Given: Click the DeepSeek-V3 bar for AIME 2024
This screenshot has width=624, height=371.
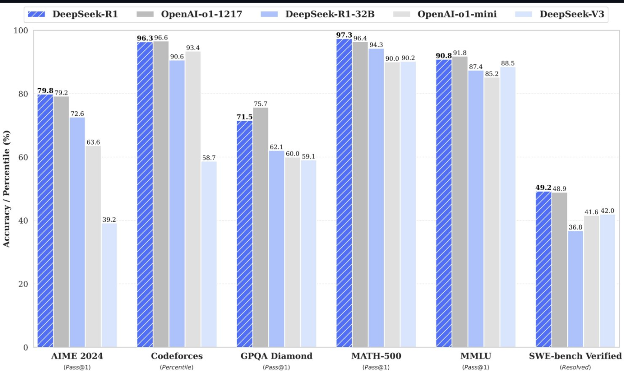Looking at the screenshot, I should tap(109, 285).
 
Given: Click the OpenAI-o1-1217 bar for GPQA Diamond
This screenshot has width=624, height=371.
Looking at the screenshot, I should tap(261, 227).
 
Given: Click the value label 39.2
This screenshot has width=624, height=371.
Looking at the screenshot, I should tap(109, 219).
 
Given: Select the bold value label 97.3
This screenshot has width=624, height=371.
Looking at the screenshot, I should tap(344, 35).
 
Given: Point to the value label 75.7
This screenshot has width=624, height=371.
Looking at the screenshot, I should tap(261, 104).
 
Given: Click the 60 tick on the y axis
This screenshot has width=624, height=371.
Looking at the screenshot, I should tap(23, 157).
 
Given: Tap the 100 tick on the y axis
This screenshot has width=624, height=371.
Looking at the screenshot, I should tap(21, 31).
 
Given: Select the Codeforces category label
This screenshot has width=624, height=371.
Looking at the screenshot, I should tap(177, 356).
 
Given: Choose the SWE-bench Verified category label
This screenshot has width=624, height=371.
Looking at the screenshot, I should tap(575, 356).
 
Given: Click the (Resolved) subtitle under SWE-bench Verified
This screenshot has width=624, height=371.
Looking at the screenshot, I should tap(575, 367).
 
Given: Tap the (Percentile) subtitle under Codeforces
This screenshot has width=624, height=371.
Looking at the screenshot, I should tap(177, 367).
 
